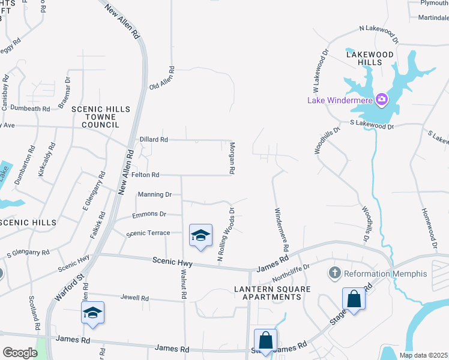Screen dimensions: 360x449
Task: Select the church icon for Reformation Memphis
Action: click(335, 274)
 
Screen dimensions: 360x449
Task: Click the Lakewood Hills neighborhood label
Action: click(372, 58)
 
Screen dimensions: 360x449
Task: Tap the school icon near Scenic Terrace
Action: click(200, 235)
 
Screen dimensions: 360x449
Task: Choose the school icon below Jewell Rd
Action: click(92, 312)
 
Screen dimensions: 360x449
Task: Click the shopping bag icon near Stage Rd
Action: click(354, 299)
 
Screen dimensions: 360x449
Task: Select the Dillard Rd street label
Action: click(154, 139)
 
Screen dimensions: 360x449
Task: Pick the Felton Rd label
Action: click(146, 175)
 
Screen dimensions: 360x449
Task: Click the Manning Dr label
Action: click(155, 194)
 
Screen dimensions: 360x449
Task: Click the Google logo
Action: click(20, 353)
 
